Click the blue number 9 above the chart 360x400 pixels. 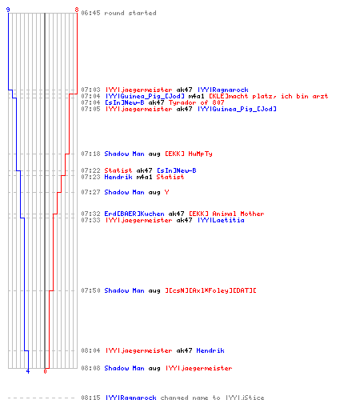click(x=8, y=10)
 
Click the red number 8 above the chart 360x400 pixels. click(x=77, y=10)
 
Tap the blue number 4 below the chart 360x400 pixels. click(x=28, y=371)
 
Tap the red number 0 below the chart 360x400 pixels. click(x=45, y=371)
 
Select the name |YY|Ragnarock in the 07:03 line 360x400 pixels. click(x=223, y=90)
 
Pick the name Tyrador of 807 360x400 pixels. click(x=196, y=102)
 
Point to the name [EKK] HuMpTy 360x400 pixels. click(x=189, y=154)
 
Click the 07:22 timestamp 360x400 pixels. click(x=90, y=170)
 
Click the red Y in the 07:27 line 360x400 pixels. click(x=166, y=192)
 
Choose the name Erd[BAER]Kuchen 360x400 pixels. click(x=134, y=214)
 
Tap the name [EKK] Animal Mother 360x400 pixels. click(x=226, y=214)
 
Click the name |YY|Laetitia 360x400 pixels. click(x=221, y=220)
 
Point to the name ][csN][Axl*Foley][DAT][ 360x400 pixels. click(x=210, y=290)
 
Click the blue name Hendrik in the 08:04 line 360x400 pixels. click(x=210, y=350)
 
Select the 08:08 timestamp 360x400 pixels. click(x=90, y=368)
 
